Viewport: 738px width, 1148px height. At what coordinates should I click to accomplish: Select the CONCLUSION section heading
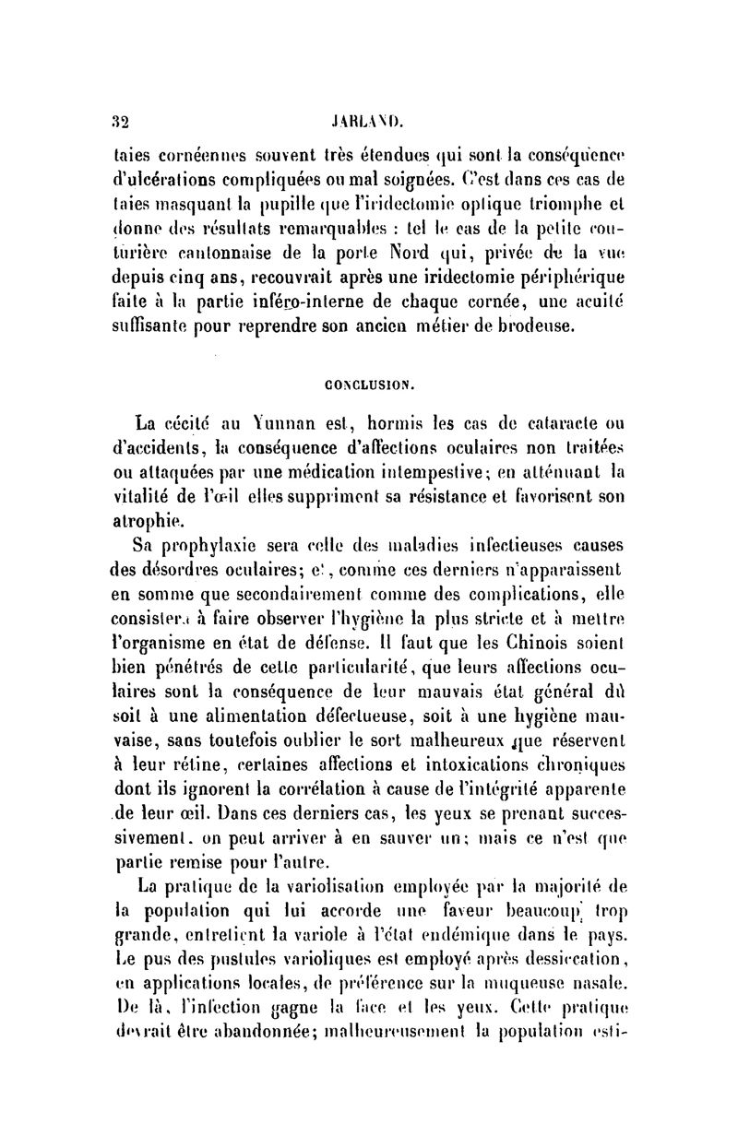(372, 379)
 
